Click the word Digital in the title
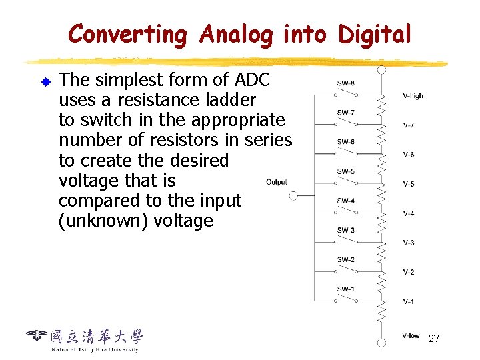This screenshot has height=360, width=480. coord(375,34)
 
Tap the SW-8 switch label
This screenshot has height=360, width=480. coord(346,83)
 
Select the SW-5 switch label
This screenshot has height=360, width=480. coord(346,171)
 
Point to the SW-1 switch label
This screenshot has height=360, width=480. coord(346,289)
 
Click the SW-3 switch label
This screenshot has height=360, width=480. coord(346,230)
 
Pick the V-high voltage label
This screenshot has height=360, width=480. coord(413,96)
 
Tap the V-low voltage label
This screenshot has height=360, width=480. coord(411,335)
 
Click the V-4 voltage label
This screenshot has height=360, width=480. coord(409,213)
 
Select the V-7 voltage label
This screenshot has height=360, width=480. coord(409,125)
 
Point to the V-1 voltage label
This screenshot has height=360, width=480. coord(409,301)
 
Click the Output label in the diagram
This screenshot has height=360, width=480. coord(277,182)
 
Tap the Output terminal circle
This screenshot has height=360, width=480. coord(293,196)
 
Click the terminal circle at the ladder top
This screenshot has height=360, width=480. coord(381,69)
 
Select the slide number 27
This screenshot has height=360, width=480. coord(433,339)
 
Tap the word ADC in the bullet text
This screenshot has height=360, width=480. coord(253,80)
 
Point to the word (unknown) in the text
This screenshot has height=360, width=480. coord(103,221)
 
